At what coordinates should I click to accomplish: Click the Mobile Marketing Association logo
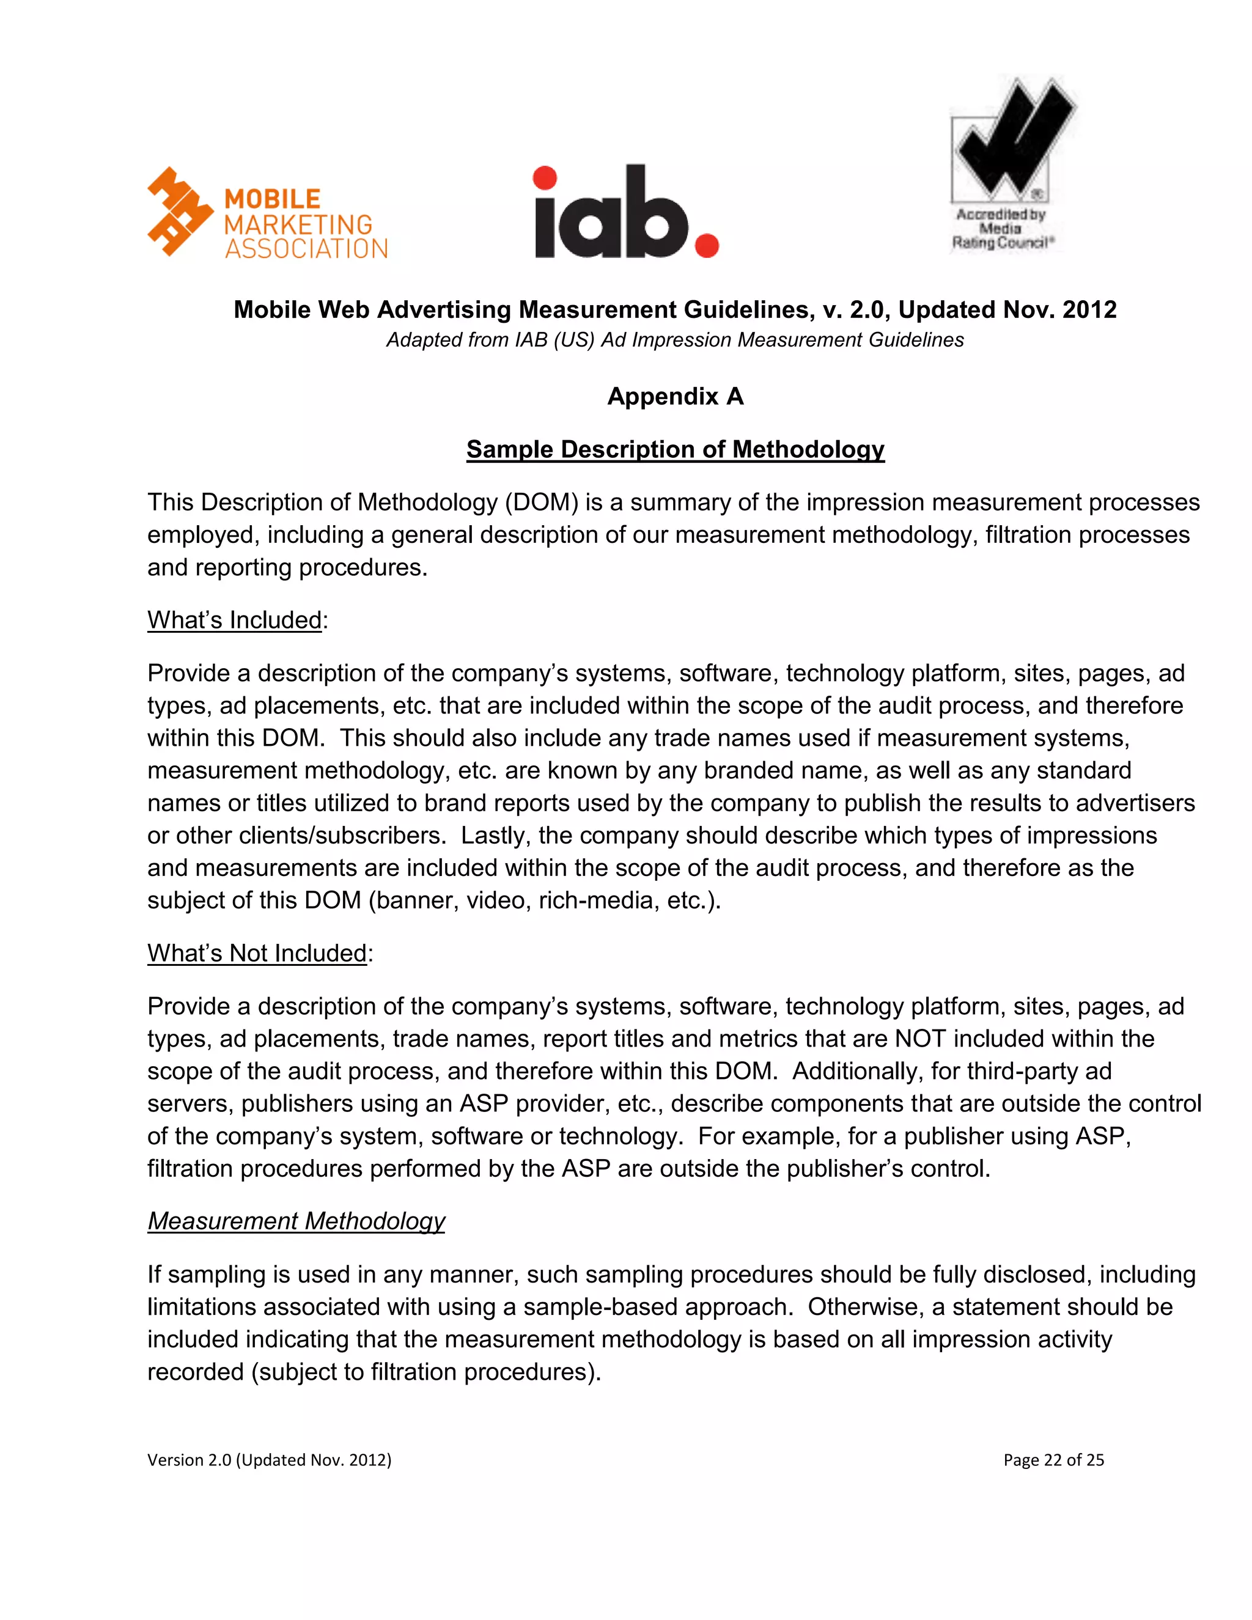[x=267, y=213]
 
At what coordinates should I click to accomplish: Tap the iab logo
[x=625, y=213]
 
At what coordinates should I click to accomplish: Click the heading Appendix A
[x=675, y=396]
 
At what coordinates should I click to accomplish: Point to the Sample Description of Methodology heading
[x=675, y=449]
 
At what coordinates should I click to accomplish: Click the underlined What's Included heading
[x=234, y=620]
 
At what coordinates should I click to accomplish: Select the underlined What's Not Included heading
[x=257, y=953]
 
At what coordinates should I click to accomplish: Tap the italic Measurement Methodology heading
[x=296, y=1221]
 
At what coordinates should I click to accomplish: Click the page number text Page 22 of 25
[x=1053, y=1460]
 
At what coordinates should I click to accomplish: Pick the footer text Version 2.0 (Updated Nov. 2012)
[x=269, y=1460]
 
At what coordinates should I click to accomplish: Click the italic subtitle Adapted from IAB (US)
[x=675, y=340]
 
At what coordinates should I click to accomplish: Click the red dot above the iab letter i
[x=545, y=178]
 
